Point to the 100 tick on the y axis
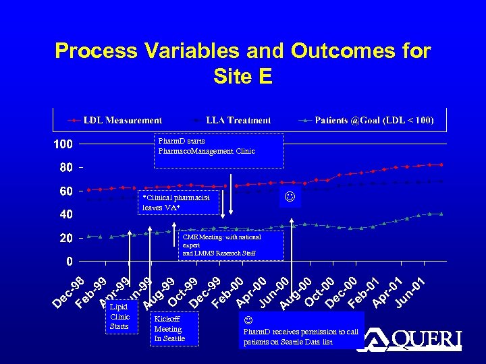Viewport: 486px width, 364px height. pyautogui.click(x=63, y=144)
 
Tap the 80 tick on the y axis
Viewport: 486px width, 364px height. pyautogui.click(x=65, y=167)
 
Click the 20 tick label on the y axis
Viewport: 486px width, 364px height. pyautogui.click(x=65, y=238)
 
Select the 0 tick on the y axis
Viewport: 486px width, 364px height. pyautogui.click(x=70, y=262)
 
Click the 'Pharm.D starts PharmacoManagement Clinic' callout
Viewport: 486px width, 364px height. pyautogui.click(x=219, y=150)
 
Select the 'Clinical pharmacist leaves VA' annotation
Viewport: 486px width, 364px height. pyautogui.click(x=180, y=202)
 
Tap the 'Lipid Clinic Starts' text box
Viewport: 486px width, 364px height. pyautogui.click(x=120, y=317)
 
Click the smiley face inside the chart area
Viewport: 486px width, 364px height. pyautogui.click(x=290, y=198)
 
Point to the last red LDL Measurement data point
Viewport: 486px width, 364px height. pyautogui.click(x=441, y=164)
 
